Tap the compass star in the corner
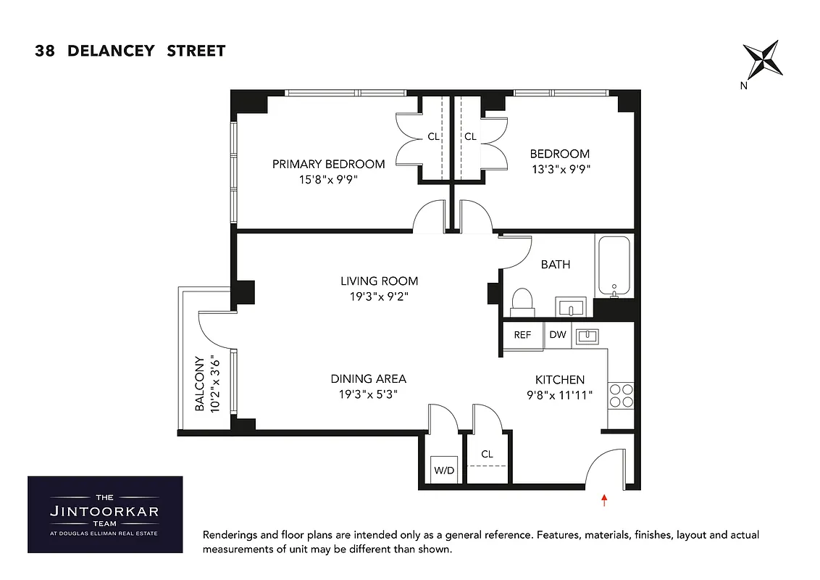763,59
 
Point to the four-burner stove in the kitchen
621,396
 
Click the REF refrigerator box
522,335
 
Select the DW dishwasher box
558,335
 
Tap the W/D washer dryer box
444,471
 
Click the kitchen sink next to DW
586,335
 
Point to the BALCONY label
199,384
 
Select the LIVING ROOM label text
379,281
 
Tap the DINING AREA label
368,378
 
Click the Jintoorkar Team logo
105,514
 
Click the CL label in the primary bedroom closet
433,136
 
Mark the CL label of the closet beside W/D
487,455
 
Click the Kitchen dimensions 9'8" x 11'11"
559,395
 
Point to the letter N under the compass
744,86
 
